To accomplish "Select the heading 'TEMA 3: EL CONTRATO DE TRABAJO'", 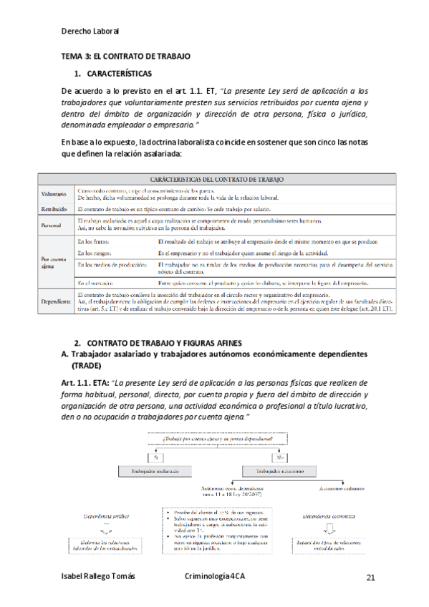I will [126, 56].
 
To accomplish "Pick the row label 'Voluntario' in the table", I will [54, 194].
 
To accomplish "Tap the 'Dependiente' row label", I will [55, 303].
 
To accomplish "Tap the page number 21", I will [370, 578].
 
